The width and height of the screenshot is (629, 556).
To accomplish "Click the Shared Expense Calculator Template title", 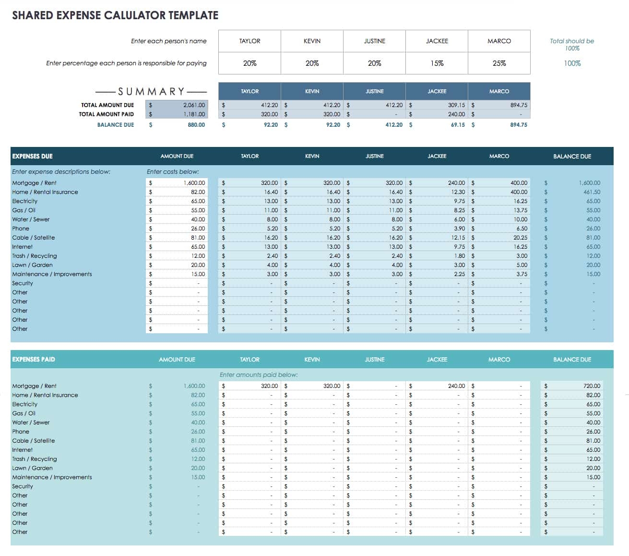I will point(115,15).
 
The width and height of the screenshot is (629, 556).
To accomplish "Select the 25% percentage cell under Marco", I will point(499,63).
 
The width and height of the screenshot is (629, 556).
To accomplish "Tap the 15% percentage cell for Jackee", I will point(437,63).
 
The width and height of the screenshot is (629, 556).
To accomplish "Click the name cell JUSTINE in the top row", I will point(374,41).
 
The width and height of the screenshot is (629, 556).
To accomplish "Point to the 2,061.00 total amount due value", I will point(194,105).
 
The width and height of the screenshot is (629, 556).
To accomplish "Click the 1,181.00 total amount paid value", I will point(194,114).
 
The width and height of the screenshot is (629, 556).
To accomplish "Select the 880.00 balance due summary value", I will point(196,125).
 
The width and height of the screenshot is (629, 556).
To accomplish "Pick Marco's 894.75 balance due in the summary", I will point(518,125).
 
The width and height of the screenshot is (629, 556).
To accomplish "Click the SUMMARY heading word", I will point(151,91).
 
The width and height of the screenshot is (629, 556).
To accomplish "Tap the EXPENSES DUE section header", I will point(33,157).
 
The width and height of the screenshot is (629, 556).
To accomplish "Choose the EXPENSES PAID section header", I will point(34,360).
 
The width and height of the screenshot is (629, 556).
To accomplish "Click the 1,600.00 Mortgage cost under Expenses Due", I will point(194,183).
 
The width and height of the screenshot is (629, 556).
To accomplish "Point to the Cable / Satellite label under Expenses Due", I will point(34,238).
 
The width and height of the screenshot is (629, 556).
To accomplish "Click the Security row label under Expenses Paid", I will point(23,486).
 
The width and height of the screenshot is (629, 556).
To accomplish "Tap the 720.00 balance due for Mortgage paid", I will point(592,386).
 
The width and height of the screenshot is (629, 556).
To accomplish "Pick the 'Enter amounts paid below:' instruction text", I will point(259,375).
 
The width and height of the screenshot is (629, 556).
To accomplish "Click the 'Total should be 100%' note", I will point(572,45).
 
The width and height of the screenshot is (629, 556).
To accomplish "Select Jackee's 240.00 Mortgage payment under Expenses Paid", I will point(456,386).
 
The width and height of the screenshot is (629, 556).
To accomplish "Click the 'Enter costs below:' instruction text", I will point(173,172).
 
